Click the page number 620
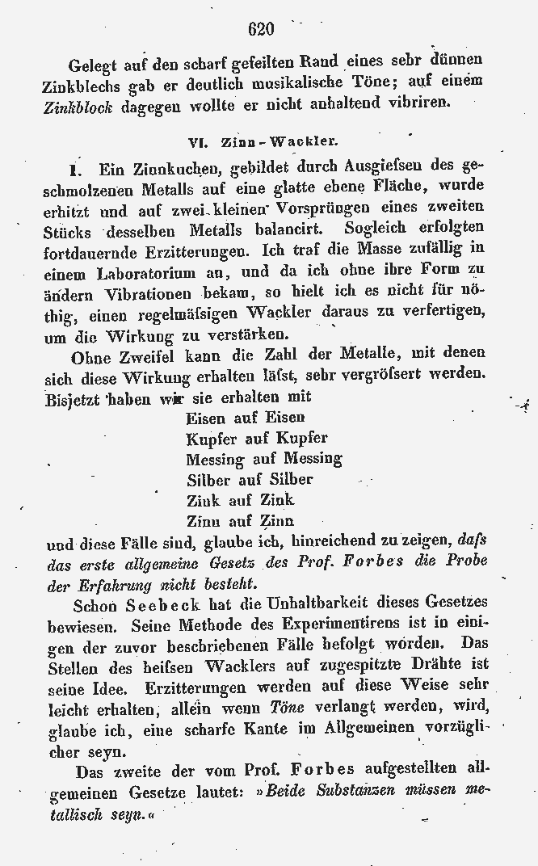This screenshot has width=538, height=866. pos(262,30)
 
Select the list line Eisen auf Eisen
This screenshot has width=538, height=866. pos(246,418)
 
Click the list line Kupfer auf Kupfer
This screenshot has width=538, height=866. pos(256,439)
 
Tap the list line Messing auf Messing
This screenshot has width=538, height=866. pos(263,459)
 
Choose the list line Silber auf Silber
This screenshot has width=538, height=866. pos(250,480)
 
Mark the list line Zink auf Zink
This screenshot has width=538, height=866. pos(240,500)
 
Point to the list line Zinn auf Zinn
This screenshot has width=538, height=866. pos(240,521)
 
